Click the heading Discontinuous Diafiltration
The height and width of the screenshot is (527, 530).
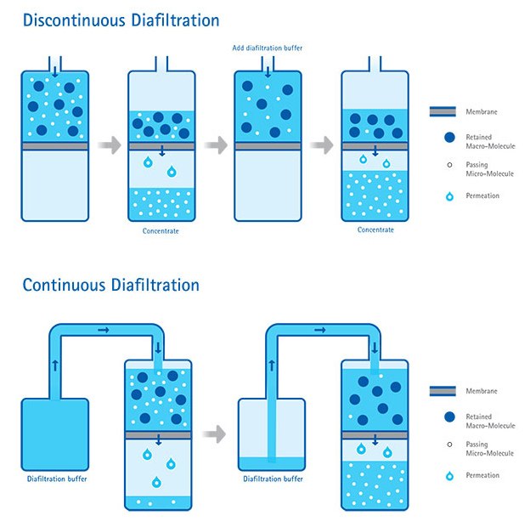(x=121, y=20)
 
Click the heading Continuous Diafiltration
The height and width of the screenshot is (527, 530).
(x=110, y=285)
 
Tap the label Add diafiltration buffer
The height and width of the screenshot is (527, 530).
(x=267, y=48)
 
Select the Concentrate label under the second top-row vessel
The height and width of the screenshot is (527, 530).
(x=161, y=229)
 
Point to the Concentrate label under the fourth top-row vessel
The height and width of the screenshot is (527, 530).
(x=375, y=229)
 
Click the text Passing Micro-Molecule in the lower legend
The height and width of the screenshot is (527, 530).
(x=488, y=448)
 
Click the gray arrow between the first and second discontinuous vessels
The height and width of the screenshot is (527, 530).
(x=108, y=145)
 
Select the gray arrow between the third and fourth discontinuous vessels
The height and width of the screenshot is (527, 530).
(x=321, y=145)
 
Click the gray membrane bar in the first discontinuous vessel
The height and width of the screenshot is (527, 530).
(x=55, y=146)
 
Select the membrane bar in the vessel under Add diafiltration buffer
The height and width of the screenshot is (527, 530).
(x=268, y=146)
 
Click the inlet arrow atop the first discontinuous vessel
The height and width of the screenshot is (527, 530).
(x=55, y=71)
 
